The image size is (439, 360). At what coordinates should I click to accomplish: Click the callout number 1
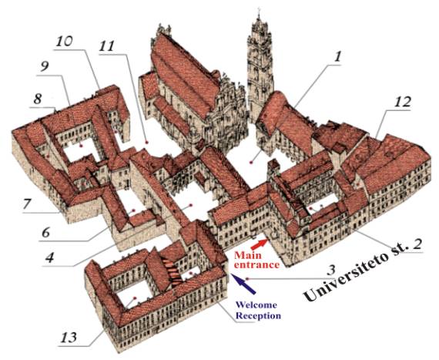click(337, 57)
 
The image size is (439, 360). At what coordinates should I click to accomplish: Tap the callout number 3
click(331, 270)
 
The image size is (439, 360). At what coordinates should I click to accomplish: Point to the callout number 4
click(49, 257)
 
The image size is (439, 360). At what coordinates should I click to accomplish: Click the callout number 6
click(45, 232)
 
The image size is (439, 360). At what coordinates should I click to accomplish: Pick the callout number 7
click(27, 204)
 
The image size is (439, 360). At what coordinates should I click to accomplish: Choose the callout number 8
click(37, 99)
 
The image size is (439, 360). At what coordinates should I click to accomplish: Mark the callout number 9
click(44, 66)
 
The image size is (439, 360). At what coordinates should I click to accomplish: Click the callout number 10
click(64, 41)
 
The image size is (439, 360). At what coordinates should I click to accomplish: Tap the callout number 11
click(107, 46)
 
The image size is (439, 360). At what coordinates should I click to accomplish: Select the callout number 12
click(402, 102)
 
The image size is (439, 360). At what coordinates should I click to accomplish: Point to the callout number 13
click(69, 338)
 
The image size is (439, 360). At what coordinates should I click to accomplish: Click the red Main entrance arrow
click(259, 244)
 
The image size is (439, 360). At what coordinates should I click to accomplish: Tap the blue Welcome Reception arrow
click(243, 284)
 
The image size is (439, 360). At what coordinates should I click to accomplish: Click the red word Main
click(248, 255)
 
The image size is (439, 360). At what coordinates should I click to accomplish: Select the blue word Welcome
click(256, 304)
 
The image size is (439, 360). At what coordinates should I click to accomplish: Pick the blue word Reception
click(258, 316)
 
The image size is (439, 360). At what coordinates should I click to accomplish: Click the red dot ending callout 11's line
click(146, 143)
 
